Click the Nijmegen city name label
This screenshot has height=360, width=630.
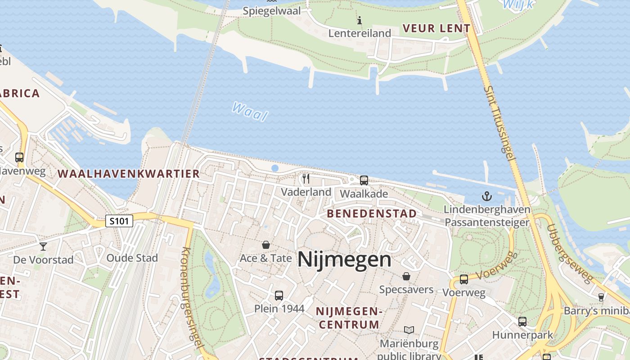click(344, 260)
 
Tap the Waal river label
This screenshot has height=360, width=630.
click(250, 112)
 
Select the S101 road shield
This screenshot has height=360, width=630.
click(119, 221)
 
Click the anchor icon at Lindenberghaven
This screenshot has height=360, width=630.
click(486, 196)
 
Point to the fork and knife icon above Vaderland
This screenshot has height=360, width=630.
click(306, 179)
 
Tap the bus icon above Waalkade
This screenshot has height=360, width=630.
click(364, 180)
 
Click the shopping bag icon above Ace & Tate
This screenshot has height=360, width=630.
click(266, 245)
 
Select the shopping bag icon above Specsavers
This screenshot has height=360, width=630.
click(406, 276)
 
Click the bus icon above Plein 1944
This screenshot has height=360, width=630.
click(279, 296)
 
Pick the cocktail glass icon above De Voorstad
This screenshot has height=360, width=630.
click(43, 246)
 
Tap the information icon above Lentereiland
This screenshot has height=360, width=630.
click(359, 20)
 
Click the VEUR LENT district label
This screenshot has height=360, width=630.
click(436, 28)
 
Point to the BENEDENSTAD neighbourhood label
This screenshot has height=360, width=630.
click(372, 213)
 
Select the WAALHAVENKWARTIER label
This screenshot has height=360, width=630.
click(129, 174)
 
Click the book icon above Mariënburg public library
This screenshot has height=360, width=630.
click(409, 330)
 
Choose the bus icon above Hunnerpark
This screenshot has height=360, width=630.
click(522, 322)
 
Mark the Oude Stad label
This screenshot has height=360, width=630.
click(132, 258)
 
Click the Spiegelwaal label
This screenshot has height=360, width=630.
click(271, 11)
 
